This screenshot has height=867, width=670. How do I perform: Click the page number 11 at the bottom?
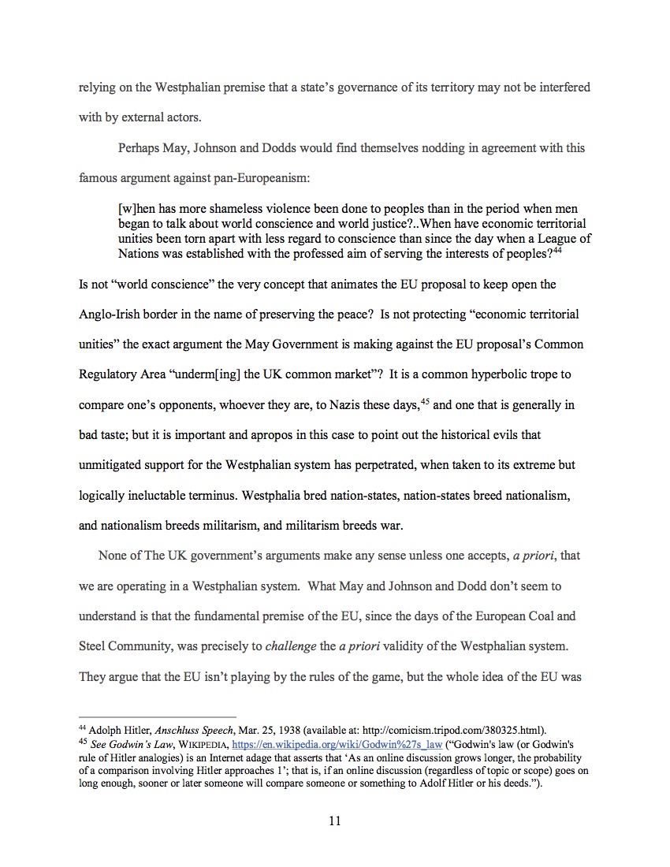(x=334, y=821)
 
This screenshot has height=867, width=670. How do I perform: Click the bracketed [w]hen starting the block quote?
(x=136, y=209)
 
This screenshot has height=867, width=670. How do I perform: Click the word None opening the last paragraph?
(x=113, y=556)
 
